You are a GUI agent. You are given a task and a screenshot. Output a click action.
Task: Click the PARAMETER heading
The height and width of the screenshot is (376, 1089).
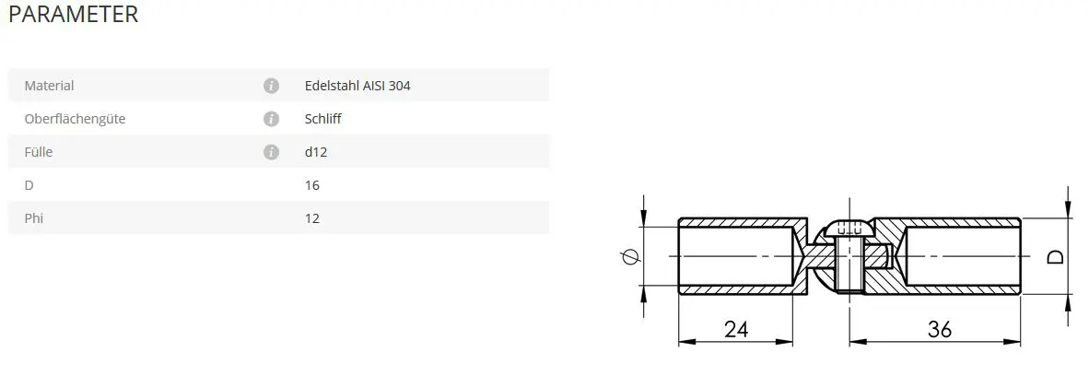pos(74,15)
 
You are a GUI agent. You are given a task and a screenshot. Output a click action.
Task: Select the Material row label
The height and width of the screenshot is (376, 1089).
pos(50,86)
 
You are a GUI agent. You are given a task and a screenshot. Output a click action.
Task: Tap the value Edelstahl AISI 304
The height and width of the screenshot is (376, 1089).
pos(357,86)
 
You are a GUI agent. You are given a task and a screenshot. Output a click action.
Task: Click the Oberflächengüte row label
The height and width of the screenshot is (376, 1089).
pos(75,119)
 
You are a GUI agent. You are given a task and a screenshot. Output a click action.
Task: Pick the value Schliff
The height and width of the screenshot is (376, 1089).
pos(323,119)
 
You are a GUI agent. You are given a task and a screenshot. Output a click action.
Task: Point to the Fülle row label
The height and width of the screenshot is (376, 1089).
pos(38,151)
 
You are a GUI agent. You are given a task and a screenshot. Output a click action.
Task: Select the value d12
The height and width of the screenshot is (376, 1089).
pos(316,151)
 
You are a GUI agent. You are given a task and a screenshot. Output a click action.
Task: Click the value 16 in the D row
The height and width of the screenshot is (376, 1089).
pos(311,185)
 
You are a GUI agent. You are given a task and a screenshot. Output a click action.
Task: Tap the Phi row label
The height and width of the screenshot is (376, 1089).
pos(34,218)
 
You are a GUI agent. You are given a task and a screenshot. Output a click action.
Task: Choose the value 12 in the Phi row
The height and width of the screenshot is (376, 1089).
pos(311,218)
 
